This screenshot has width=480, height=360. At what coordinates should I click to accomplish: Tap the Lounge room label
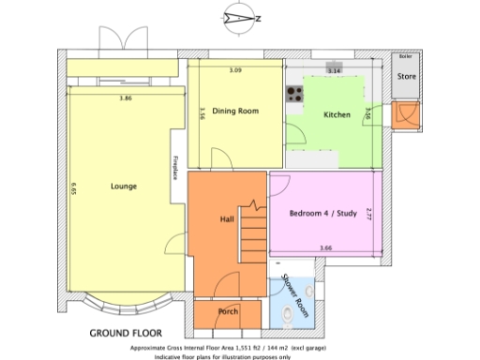(123, 186)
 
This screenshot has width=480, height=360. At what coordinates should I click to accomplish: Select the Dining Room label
(234, 111)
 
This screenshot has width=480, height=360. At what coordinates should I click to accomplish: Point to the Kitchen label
(337, 115)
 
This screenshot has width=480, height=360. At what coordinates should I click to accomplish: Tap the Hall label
(226, 218)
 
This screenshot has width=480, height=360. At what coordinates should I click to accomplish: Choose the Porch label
(227, 311)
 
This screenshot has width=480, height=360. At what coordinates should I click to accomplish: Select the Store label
(406, 76)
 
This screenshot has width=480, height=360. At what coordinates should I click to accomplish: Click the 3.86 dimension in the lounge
(125, 98)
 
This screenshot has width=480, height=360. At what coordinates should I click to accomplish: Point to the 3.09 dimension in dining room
(235, 71)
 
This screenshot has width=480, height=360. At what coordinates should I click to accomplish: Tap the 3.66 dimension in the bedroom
(325, 247)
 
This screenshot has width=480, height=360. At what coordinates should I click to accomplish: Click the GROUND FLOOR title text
(125, 333)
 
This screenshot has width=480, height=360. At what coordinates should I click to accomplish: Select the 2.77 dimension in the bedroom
(369, 215)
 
